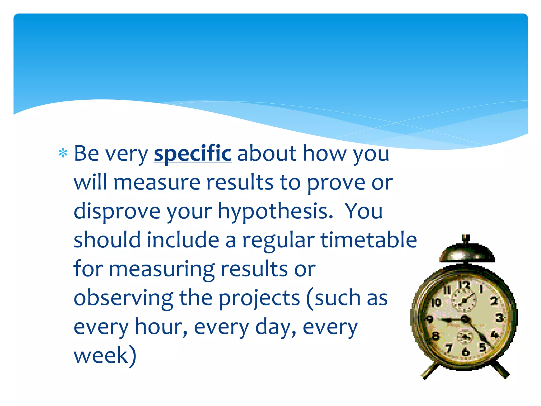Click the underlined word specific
point(193,154)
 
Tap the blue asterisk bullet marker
point(63,153)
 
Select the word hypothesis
point(275,211)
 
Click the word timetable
point(369,240)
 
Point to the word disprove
point(117,211)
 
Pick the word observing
point(123,298)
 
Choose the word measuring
point(162,269)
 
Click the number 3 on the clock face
point(499,317)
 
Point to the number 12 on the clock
point(464,286)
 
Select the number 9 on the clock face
point(430,319)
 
